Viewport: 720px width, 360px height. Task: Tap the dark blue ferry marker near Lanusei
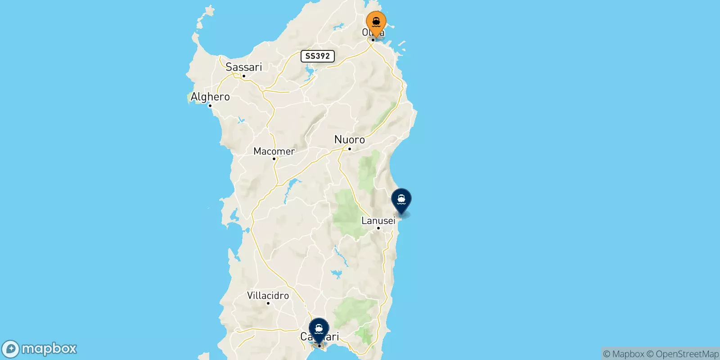[x=401, y=199]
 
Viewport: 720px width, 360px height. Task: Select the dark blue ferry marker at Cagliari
[x=319, y=329]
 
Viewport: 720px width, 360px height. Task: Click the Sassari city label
[x=243, y=67]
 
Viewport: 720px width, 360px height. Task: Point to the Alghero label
[x=210, y=97]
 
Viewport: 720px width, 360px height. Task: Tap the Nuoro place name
[x=350, y=139]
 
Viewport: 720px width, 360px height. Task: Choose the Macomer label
[x=274, y=151]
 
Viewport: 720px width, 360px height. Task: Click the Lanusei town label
[x=378, y=220]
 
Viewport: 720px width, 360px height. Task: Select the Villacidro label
[x=268, y=296]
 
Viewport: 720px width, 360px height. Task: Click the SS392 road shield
[x=318, y=56]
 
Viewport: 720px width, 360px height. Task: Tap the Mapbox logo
[x=40, y=349]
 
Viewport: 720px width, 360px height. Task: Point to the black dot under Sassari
[x=243, y=76]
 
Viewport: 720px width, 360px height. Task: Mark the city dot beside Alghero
[x=210, y=106]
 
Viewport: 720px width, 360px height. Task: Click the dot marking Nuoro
[x=350, y=148]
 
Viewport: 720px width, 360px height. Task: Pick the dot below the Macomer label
[x=274, y=159]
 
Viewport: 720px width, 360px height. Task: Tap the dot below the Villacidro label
[x=268, y=303]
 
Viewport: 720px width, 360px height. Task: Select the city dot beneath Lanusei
[x=378, y=228]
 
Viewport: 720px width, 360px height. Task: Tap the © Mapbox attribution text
[x=623, y=354]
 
